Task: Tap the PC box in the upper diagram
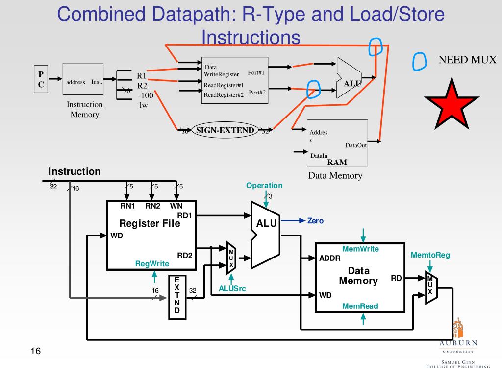[x=41, y=79]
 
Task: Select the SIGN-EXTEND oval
[x=225, y=130]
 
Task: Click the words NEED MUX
[x=467, y=60]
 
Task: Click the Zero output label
[x=315, y=221]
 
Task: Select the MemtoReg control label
[x=430, y=255]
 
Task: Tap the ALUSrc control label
[x=232, y=289]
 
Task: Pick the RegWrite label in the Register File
[x=152, y=264]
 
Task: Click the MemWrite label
[x=360, y=249]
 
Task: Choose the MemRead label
[x=360, y=306]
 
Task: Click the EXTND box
[x=177, y=297]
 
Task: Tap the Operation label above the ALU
[x=264, y=186]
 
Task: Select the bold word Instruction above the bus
[x=74, y=171]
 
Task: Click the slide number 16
[x=35, y=351]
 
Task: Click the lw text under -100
[x=144, y=105]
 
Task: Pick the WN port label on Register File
[x=176, y=206]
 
